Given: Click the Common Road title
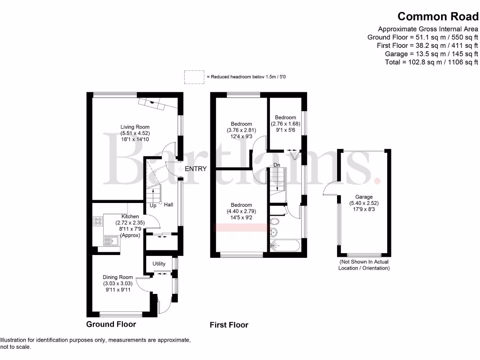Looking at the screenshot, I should click(x=438, y=16).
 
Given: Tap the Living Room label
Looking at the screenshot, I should click(x=135, y=127).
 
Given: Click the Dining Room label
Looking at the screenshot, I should click(x=118, y=277).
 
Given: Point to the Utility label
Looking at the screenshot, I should click(x=159, y=264).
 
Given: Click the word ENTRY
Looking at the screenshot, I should click(x=195, y=169).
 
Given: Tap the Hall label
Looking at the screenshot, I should click(x=168, y=205).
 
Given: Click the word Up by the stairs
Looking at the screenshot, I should click(x=153, y=205).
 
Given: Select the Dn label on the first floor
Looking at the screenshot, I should click(x=277, y=165).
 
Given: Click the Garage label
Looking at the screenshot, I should click(x=364, y=197).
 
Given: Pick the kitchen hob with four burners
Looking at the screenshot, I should click(x=98, y=221).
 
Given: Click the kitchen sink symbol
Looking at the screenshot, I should click(x=111, y=242).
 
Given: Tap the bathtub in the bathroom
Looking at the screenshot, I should click(x=286, y=245).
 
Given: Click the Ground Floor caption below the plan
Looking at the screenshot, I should click(x=111, y=324).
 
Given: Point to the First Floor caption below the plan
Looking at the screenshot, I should click(x=229, y=325).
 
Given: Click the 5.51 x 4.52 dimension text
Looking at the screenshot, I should click(x=135, y=133).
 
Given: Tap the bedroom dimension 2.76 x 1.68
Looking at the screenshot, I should click(x=285, y=124).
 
